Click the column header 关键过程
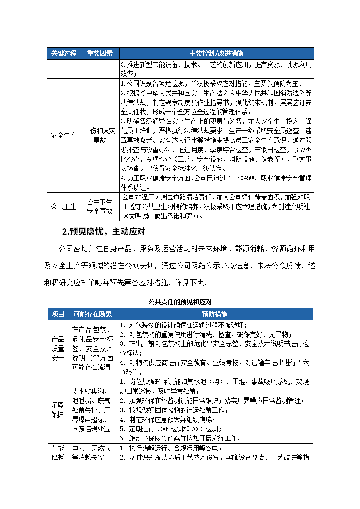pos(64,53)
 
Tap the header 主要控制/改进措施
pos(216,53)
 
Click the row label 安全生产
pos(64,135)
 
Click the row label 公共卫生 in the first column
pos(64,206)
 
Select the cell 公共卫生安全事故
pos(99,206)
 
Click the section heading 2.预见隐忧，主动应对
pos(104,232)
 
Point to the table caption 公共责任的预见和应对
pos(180,302)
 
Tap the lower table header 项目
pos(58,314)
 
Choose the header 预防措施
pos(215,314)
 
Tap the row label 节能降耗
pos(58,452)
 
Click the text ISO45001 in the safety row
pos(247,178)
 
